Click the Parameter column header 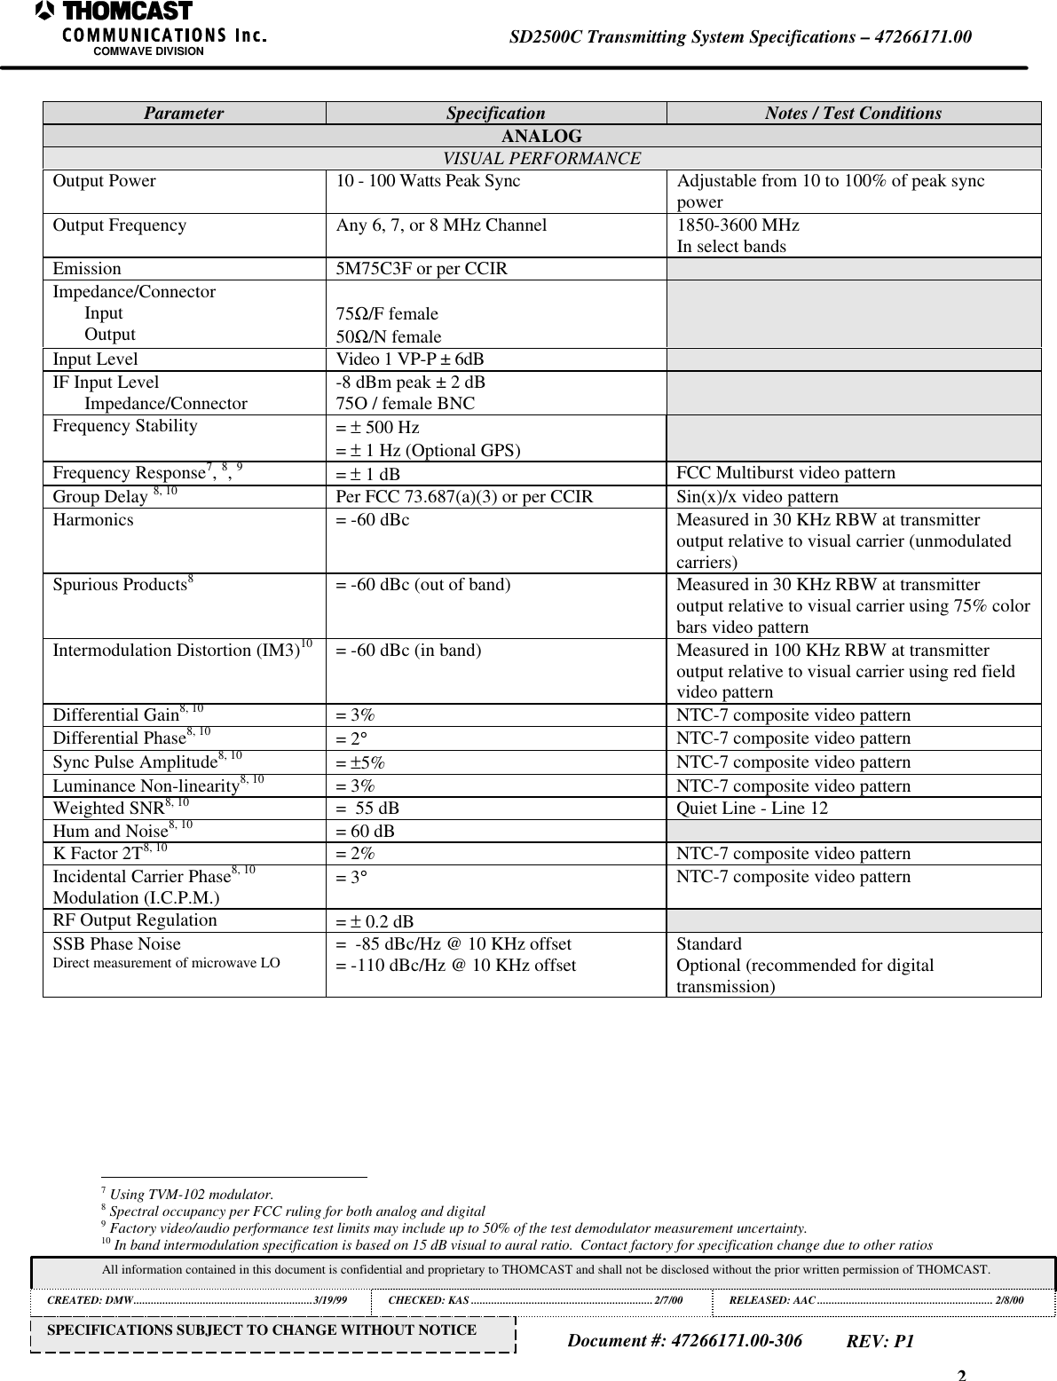(184, 114)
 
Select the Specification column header (495, 114)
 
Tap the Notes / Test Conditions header (853, 114)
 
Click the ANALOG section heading (541, 137)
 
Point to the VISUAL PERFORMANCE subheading (541, 159)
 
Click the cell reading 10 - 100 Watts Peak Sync (428, 181)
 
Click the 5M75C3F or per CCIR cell (422, 268)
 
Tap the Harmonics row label (93, 520)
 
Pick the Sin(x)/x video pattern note (757, 497)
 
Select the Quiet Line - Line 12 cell (752, 809)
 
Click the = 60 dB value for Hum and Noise (365, 832)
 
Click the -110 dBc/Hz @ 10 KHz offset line (455, 966)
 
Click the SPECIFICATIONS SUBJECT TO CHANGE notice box (272, 1330)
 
